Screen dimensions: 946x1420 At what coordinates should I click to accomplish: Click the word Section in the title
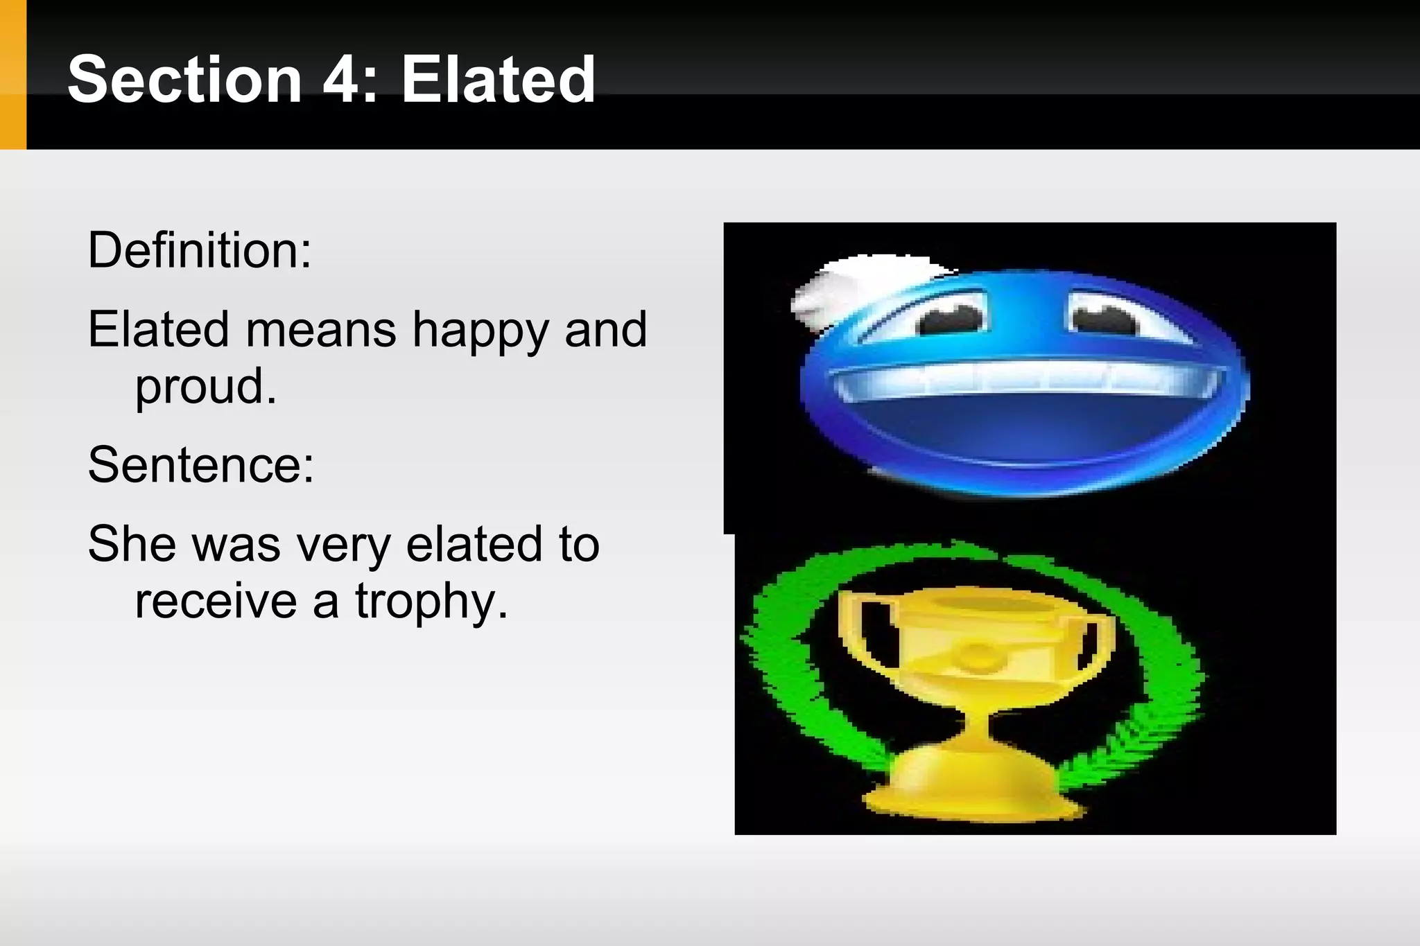click(x=184, y=80)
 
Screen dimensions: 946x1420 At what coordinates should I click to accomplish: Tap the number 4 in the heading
click(x=341, y=80)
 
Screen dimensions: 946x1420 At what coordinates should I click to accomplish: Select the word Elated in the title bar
click(x=498, y=80)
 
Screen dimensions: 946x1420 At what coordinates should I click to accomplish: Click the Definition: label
click(x=200, y=250)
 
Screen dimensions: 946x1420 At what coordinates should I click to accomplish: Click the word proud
click(x=205, y=387)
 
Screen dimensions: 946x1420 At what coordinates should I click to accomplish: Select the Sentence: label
click(x=201, y=465)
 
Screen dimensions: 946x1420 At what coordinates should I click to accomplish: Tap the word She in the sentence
click(x=132, y=544)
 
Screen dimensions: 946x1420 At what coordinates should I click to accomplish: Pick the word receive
click(x=216, y=601)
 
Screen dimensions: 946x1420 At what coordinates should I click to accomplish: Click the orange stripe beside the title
click(x=12, y=75)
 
